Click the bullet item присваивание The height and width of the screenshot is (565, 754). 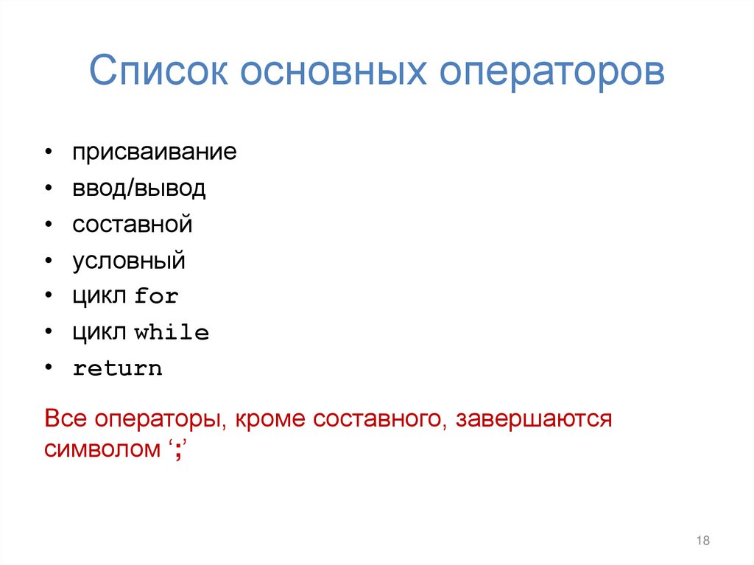(154, 153)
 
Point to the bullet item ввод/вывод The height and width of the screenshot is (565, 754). (138, 189)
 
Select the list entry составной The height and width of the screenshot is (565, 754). (132, 225)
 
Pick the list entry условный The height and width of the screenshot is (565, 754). (129, 261)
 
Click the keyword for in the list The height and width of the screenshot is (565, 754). (157, 297)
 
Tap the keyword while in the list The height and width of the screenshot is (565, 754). (172, 333)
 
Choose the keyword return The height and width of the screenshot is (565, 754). (117, 369)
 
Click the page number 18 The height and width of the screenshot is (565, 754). (702, 541)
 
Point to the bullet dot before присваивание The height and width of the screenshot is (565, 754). (48, 153)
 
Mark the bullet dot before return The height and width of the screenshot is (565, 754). (48, 368)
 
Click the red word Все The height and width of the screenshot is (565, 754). (66, 419)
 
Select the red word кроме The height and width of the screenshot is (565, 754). (269, 419)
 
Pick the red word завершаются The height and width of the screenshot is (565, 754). (534, 419)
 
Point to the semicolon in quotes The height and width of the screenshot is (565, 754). (177, 451)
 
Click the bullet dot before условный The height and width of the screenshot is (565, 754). (48, 261)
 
